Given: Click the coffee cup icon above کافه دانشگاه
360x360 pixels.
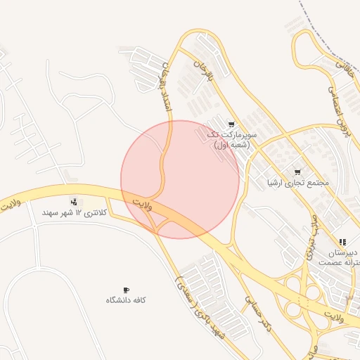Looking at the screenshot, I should (127, 289).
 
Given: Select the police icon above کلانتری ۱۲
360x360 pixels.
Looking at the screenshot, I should (74, 202).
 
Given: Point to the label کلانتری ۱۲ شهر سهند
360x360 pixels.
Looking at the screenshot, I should (75, 212).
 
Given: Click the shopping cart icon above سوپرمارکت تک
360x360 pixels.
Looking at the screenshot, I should (231, 124).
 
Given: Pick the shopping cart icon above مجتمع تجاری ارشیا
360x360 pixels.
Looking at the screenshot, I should (297, 172).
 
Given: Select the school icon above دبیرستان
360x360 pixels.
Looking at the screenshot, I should (342, 242).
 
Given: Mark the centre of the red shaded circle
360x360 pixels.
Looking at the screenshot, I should (180, 179).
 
